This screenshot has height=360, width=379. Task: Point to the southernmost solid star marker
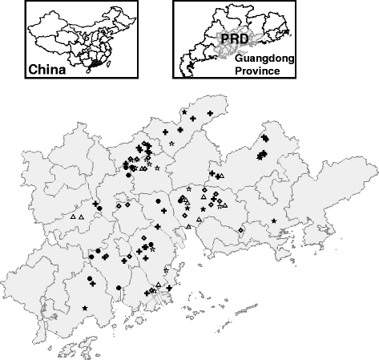[85, 308]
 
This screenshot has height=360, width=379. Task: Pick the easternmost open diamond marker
[240, 230]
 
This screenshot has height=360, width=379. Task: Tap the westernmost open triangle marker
[73, 216]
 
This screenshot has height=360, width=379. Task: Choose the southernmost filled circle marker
[118, 287]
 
